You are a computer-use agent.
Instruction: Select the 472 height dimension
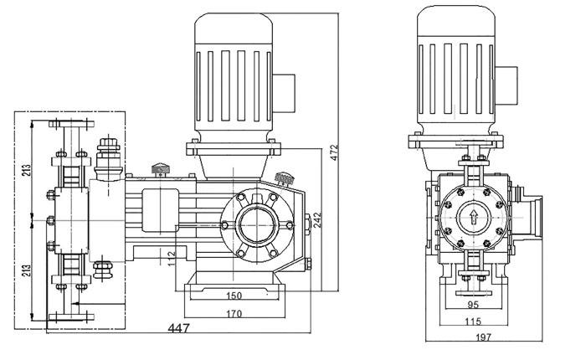(334, 152)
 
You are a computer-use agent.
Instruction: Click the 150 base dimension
(234, 296)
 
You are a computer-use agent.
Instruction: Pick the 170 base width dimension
(234, 314)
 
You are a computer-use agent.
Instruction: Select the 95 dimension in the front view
(474, 305)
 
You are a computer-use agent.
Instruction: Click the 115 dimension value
(474, 321)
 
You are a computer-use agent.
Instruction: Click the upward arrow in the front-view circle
(475, 219)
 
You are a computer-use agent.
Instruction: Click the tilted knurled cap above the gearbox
(284, 178)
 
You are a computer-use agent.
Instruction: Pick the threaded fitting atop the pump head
(107, 155)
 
